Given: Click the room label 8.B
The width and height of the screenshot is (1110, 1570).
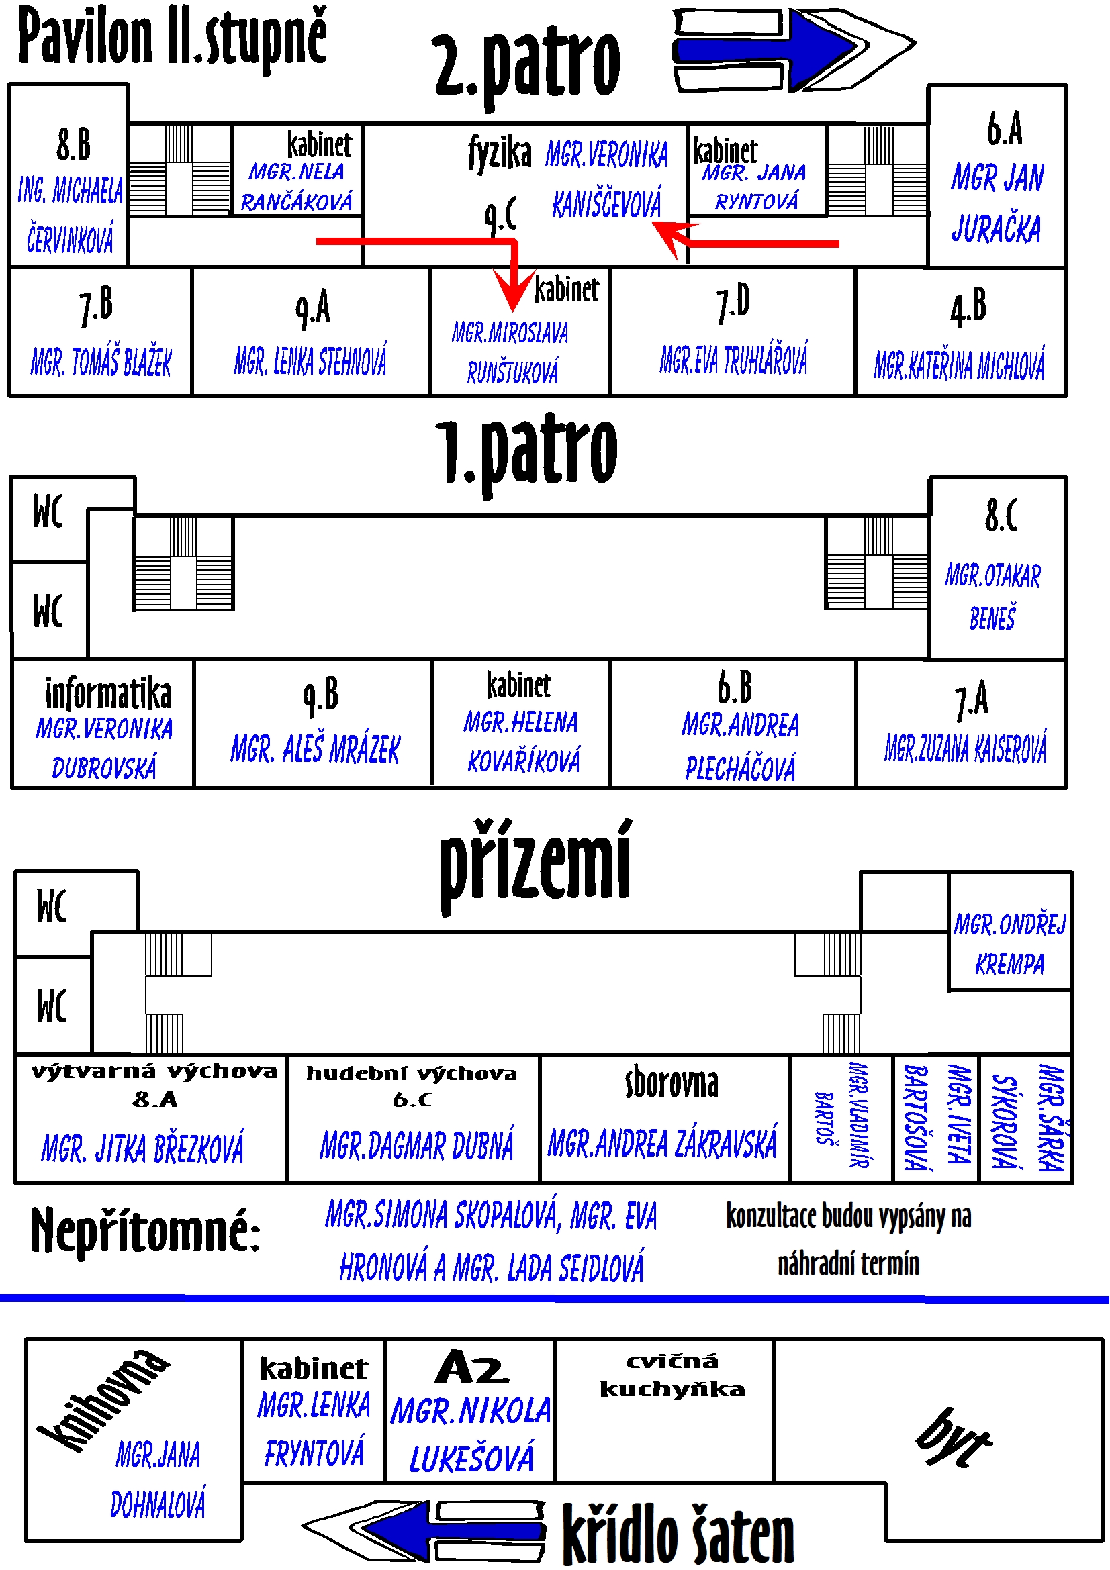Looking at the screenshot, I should pyautogui.click(x=73, y=145).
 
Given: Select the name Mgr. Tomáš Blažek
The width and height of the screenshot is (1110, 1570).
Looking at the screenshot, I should pyautogui.click(x=101, y=362).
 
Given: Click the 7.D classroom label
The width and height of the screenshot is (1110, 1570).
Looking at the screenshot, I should pyautogui.click(x=733, y=305).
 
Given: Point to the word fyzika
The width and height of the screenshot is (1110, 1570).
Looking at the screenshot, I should pyautogui.click(x=499, y=152).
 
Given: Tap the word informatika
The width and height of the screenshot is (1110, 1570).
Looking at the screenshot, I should pyautogui.click(x=108, y=694).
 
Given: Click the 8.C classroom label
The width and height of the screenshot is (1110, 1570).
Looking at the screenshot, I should pyautogui.click(x=1001, y=516).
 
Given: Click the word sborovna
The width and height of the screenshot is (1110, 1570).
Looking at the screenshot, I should pyautogui.click(x=672, y=1084).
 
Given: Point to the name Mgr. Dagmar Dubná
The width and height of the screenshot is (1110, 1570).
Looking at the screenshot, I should pyautogui.click(x=416, y=1146).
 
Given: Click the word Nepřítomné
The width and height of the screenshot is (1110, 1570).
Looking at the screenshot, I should pyautogui.click(x=145, y=1231).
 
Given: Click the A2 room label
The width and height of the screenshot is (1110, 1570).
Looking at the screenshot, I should pyautogui.click(x=472, y=1367).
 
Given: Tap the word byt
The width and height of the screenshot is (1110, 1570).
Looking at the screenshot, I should pyautogui.click(x=953, y=1436).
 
